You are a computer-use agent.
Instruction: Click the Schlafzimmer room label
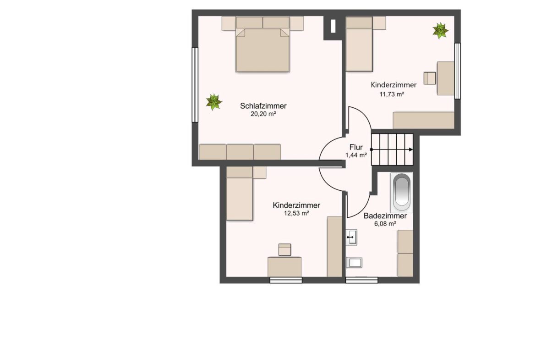tap(263, 106)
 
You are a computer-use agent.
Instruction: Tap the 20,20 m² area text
tap(263, 114)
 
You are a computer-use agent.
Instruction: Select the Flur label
tap(356, 147)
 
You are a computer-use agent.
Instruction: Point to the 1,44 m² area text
tap(356, 155)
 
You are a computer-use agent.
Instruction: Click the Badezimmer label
tap(385, 216)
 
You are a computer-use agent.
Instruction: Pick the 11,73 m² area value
tap(392, 94)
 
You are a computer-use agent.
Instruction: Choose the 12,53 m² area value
tap(296, 213)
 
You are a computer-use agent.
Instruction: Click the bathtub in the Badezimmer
tap(401, 192)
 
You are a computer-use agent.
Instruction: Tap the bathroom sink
tap(351, 237)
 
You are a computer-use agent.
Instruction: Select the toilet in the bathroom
tap(354, 263)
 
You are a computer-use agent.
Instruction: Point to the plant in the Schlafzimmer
tap(213, 102)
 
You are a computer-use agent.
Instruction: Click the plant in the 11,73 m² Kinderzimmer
tap(440, 31)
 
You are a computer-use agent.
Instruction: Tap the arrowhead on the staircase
tap(411, 150)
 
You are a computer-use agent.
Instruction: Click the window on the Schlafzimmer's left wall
tap(195, 84)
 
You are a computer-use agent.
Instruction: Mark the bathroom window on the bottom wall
tap(361, 280)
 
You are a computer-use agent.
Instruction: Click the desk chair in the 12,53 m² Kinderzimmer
tap(284, 249)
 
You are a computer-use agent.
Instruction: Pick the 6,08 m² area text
tap(385, 224)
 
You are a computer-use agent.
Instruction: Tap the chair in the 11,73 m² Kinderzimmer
tap(430, 78)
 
